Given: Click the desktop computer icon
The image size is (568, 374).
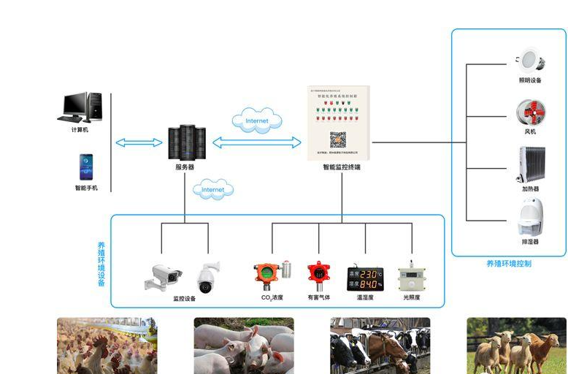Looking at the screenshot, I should click(80, 107).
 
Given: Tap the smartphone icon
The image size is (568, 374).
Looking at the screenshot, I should click(86, 167).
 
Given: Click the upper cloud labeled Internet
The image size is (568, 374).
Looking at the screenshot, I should click(256, 121).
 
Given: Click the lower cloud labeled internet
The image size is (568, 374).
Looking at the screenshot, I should click(213, 190).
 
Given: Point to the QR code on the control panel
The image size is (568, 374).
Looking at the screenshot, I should click(337, 139).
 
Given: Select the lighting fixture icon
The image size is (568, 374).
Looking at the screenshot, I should click(529, 61).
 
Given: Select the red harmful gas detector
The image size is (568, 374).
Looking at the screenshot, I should click(318, 276).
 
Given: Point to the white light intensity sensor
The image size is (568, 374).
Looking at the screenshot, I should click(412, 277).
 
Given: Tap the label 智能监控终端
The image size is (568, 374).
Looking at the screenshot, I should click(342, 167).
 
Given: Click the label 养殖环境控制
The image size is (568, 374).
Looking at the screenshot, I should click(509, 263).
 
